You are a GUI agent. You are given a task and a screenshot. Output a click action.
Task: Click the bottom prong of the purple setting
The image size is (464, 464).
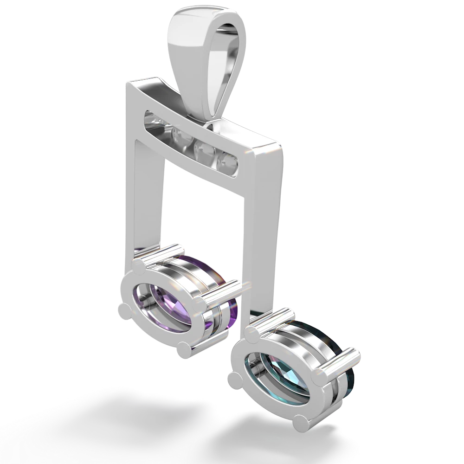tap(184, 349)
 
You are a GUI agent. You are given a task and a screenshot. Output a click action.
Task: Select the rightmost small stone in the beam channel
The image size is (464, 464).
tap(228, 162)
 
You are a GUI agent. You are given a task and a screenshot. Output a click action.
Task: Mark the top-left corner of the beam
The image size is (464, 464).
tap(125, 84)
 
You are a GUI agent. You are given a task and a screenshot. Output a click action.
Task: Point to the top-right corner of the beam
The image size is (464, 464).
tap(281, 142)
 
